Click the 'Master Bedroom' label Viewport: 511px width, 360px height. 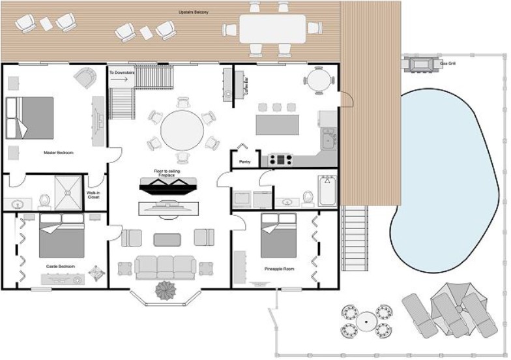pos(58,153)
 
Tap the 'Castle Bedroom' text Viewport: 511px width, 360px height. pos(60,267)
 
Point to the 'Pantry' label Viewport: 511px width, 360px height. pos(245,162)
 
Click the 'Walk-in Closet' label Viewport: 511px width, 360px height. pos(93,195)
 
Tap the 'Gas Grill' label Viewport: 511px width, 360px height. pos(448,64)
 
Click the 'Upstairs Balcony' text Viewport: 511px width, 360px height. pos(194,12)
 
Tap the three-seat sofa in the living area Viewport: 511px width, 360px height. pos(166,266)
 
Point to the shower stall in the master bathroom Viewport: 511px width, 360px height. pos(67,193)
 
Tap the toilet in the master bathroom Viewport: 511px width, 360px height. pos(44,200)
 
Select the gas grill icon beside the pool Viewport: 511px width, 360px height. pos(421,64)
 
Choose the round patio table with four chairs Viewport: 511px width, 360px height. pos(366,321)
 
